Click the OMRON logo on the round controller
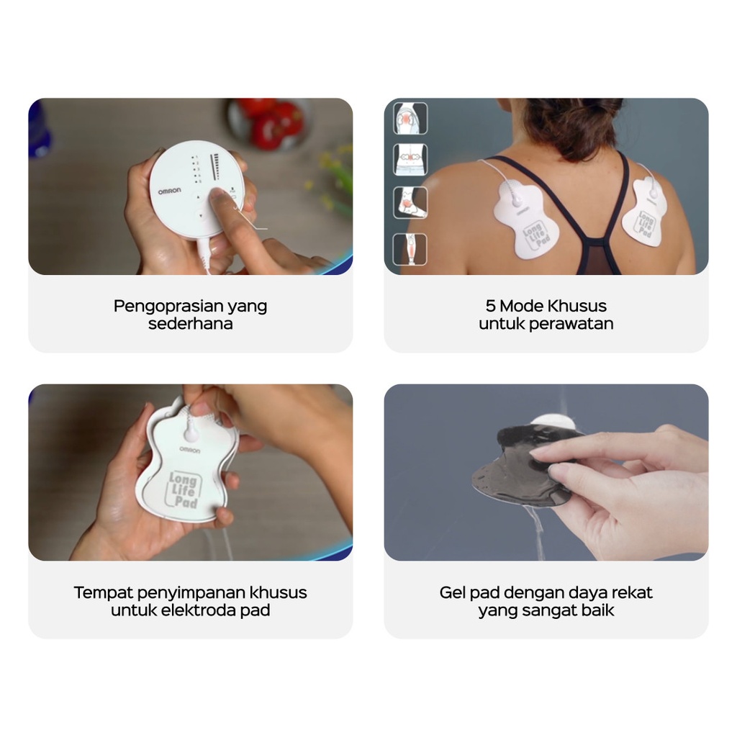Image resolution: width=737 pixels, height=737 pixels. pos(169,191)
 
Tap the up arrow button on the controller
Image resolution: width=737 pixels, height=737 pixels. pos(198,198)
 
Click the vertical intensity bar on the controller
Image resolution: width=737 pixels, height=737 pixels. pos(216,167)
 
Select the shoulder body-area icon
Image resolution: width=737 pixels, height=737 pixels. pos(410,119)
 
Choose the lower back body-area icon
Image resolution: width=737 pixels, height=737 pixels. pos(410,160)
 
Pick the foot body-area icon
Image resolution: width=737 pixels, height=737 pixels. pos(410,202)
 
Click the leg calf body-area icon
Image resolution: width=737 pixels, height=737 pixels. pos(410,249)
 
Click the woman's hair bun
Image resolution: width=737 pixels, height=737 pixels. pos(577,123)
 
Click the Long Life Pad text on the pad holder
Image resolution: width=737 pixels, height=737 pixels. pos(184,490)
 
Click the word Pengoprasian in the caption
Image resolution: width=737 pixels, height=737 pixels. pos(169,307)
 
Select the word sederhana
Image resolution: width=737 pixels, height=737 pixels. pos(190,324)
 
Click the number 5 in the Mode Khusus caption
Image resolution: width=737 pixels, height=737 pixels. pos(490,306)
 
